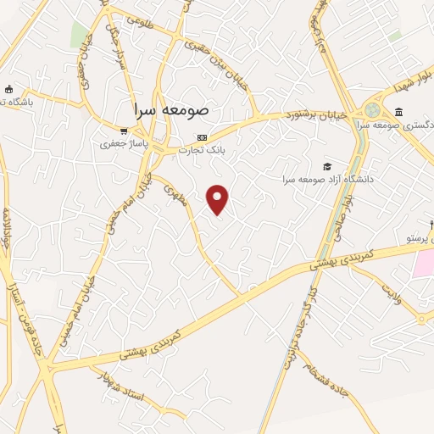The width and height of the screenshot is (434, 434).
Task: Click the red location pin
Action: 219,199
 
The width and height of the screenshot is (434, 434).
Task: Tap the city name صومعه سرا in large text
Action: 177,110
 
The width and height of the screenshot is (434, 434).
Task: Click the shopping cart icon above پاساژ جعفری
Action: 125,131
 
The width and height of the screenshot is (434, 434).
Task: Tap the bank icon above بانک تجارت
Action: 201,137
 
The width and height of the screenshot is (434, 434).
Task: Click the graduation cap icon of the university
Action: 326,166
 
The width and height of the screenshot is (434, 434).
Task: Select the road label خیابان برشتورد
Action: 316,114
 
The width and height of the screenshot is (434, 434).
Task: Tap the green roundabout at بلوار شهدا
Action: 373,109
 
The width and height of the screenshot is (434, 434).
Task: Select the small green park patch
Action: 79,34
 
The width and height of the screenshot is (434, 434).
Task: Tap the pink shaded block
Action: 423,264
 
